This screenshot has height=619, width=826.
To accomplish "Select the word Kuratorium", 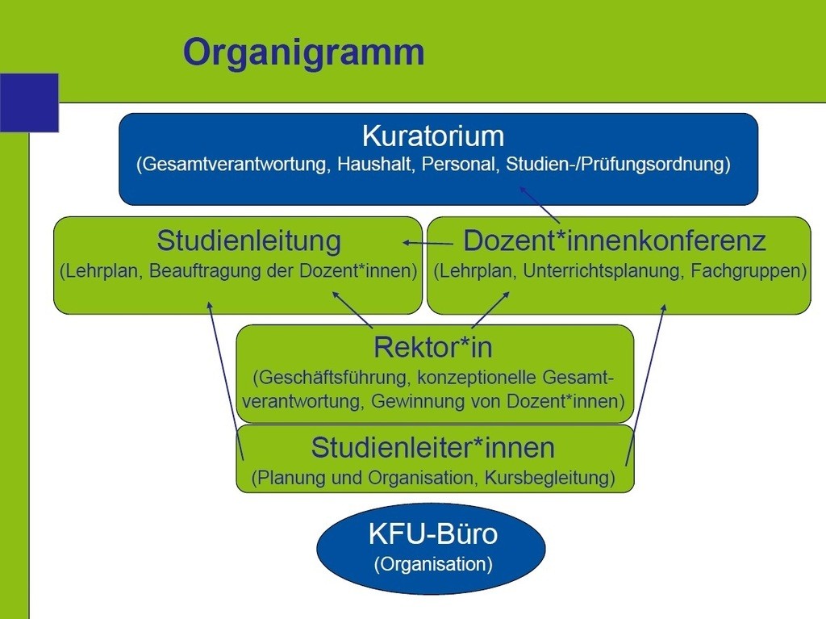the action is (x=433, y=136).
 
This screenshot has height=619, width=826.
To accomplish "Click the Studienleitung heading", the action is (x=249, y=241).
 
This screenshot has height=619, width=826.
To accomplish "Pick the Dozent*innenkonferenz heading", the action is (x=614, y=241).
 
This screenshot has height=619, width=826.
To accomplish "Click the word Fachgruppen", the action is (x=749, y=271).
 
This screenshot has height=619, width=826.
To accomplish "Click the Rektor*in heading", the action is (x=433, y=348).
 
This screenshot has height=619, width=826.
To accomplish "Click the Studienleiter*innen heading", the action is (x=433, y=448).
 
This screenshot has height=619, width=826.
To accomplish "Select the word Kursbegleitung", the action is (x=549, y=478).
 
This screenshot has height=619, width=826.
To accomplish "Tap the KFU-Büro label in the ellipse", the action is (x=433, y=533).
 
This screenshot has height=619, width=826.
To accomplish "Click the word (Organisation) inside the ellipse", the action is (x=433, y=564).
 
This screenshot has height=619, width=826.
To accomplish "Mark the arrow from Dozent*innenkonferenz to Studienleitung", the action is (x=428, y=244).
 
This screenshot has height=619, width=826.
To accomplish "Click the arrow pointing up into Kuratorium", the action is (x=540, y=204).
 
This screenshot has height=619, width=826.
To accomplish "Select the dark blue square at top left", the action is (x=29, y=102).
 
